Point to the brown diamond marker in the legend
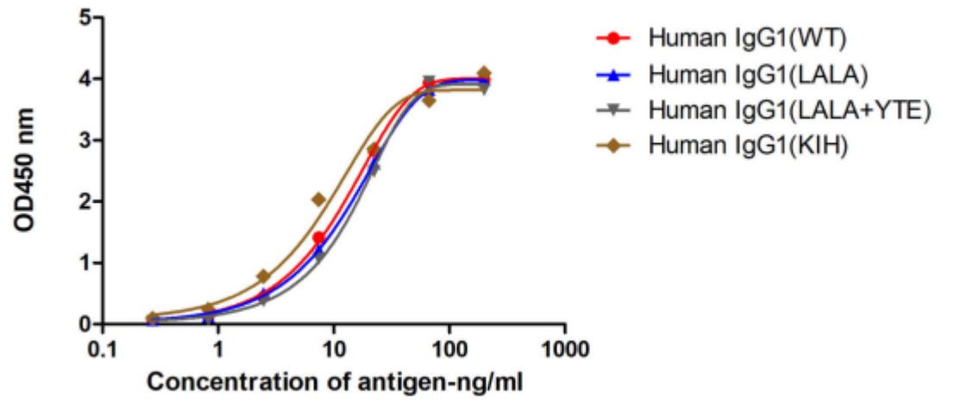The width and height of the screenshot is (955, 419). pyautogui.click(x=613, y=147)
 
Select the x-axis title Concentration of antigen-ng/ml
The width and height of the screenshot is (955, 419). pyautogui.click(x=334, y=381)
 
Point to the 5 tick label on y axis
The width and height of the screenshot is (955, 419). pyautogui.click(x=85, y=17)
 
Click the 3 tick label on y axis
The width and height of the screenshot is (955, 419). pyautogui.click(x=85, y=140)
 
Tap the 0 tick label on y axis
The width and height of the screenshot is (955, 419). pyautogui.click(x=85, y=324)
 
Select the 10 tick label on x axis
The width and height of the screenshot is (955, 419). pyautogui.click(x=334, y=349)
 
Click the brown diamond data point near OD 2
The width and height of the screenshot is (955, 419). pyautogui.click(x=318, y=199)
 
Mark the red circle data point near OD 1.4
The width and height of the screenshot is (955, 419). pyautogui.click(x=319, y=238)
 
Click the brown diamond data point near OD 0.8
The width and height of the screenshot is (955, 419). pyautogui.click(x=263, y=276)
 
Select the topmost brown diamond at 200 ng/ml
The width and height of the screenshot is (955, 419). pyautogui.click(x=484, y=73)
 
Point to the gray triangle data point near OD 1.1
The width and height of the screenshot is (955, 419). pyautogui.click(x=319, y=257)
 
